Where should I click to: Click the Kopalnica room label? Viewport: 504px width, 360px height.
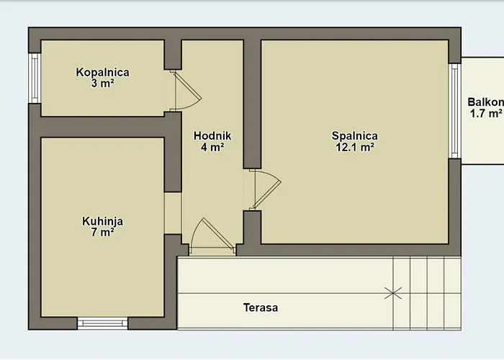(x=102, y=72)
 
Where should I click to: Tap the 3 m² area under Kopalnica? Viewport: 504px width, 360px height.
(x=102, y=84)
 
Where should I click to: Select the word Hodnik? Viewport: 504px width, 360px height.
(x=212, y=135)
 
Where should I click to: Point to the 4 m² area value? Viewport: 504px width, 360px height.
(x=212, y=147)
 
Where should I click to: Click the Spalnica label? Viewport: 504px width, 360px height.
(x=354, y=136)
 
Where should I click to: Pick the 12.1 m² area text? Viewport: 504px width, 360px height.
(x=354, y=147)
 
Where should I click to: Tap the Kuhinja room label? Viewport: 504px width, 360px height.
(x=102, y=222)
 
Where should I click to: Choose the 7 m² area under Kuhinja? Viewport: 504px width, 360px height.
(x=102, y=232)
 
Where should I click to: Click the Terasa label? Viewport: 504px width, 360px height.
(x=261, y=307)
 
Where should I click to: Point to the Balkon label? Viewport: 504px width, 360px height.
(x=485, y=102)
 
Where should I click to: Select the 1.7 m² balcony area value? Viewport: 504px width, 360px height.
(x=486, y=113)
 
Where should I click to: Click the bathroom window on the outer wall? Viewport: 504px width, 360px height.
(x=35, y=78)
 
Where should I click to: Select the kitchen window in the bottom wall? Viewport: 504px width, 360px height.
(x=102, y=323)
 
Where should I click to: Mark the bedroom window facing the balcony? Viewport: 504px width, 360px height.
(x=454, y=111)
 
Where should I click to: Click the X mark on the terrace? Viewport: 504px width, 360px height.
(x=393, y=293)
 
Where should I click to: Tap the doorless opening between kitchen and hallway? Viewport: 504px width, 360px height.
(x=173, y=213)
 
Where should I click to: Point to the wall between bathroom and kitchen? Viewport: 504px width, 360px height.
(x=102, y=127)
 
